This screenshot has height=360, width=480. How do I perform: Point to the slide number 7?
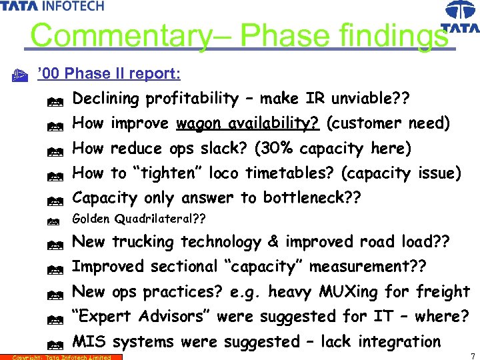click(472, 355)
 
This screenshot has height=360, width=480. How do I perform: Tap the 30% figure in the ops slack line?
click(287, 148)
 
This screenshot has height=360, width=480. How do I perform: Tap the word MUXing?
click(353, 291)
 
